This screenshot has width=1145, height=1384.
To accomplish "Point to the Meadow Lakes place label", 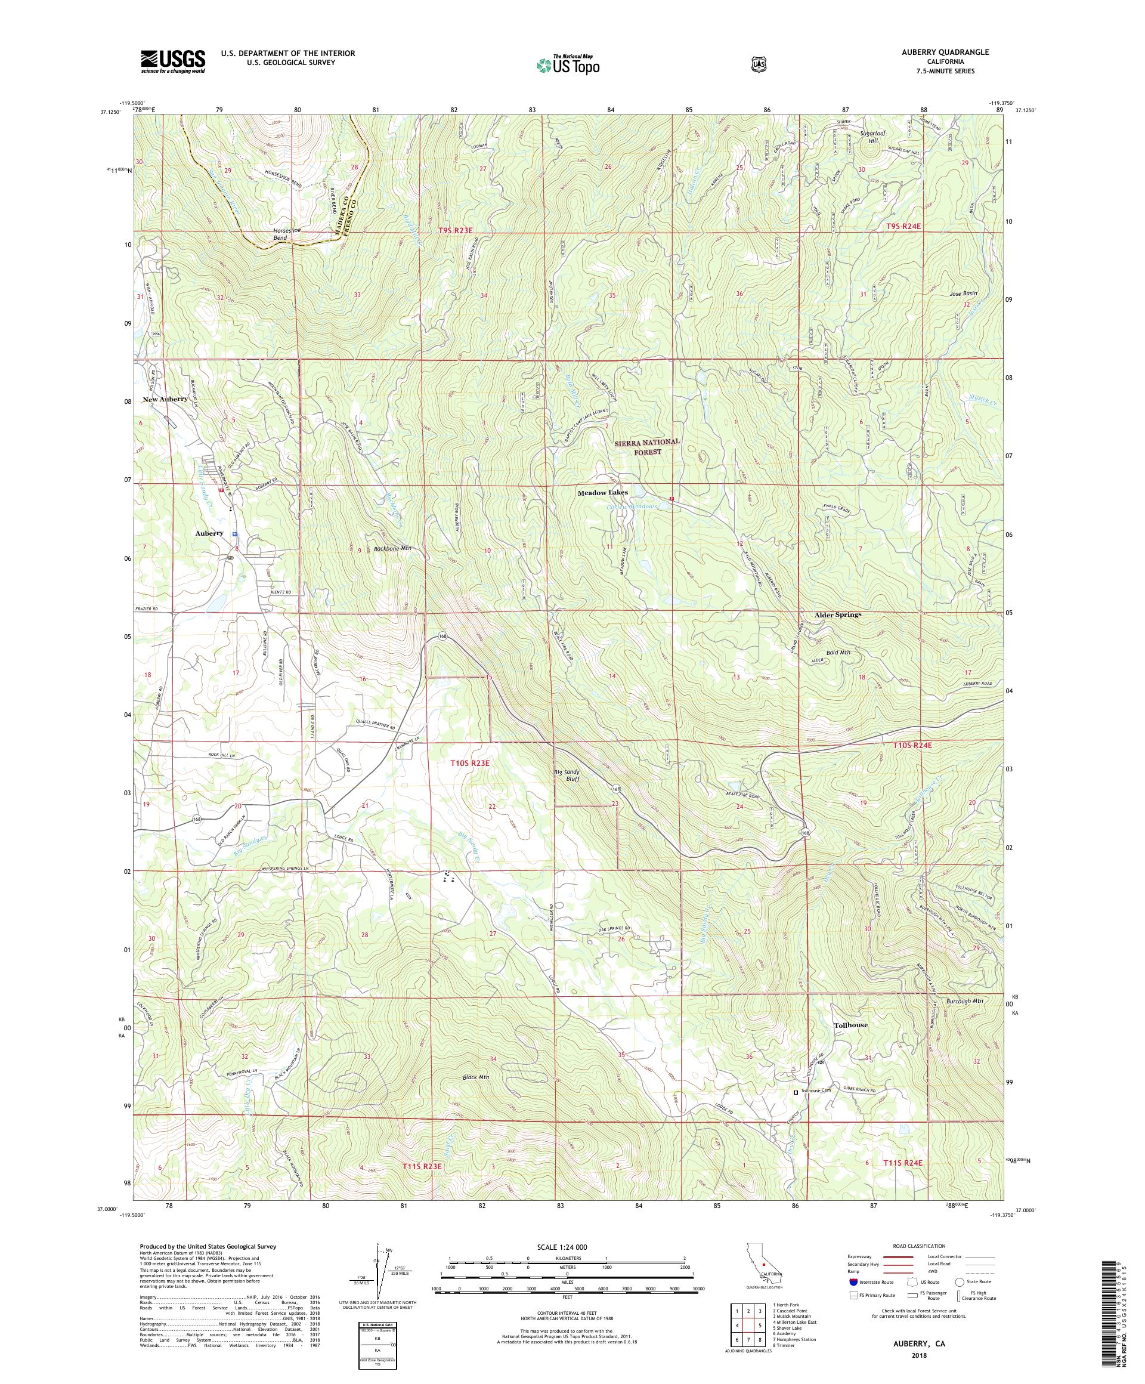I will click(x=603, y=492).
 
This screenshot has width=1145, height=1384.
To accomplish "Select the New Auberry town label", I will click(x=165, y=399).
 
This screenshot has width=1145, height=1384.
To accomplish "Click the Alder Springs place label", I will click(x=837, y=614).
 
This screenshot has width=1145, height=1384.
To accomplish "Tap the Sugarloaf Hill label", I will click(x=874, y=137).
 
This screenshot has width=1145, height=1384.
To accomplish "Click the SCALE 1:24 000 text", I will click(x=567, y=1247).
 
